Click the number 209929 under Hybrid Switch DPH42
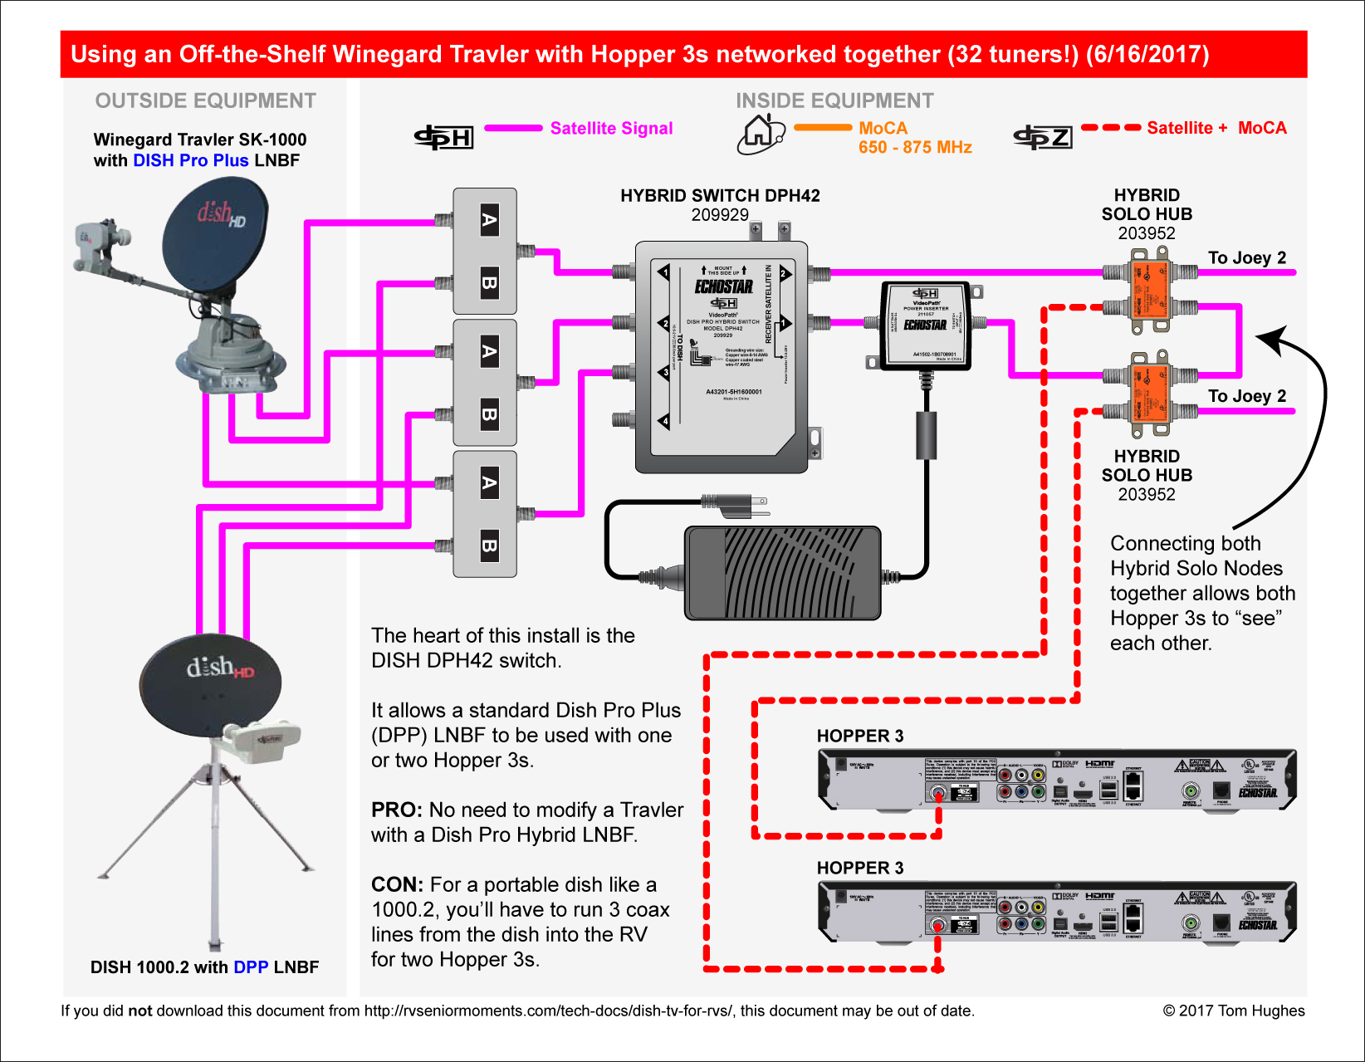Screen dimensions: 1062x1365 point(720,215)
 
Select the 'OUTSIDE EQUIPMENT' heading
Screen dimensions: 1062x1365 point(205,100)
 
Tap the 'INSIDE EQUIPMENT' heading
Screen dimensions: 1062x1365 point(834,100)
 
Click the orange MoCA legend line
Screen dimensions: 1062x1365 point(823,128)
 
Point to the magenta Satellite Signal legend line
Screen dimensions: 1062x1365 point(513,128)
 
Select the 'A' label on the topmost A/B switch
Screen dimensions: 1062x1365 point(490,221)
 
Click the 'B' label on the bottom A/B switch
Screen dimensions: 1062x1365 point(490,546)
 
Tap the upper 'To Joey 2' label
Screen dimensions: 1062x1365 point(1246,257)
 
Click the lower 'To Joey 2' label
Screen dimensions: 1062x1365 point(1246,396)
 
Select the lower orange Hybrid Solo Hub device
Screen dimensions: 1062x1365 point(1149,395)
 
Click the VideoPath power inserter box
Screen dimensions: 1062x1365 point(925,325)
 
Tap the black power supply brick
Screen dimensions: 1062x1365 point(781,572)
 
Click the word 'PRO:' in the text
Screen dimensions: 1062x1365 point(397,810)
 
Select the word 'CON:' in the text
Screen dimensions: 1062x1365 point(398,884)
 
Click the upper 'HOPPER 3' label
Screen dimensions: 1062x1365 point(860,736)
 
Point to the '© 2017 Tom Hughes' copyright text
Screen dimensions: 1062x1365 point(1233,1011)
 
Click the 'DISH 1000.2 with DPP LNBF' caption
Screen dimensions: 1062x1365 point(204,967)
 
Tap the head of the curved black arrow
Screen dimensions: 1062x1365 point(1267,339)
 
